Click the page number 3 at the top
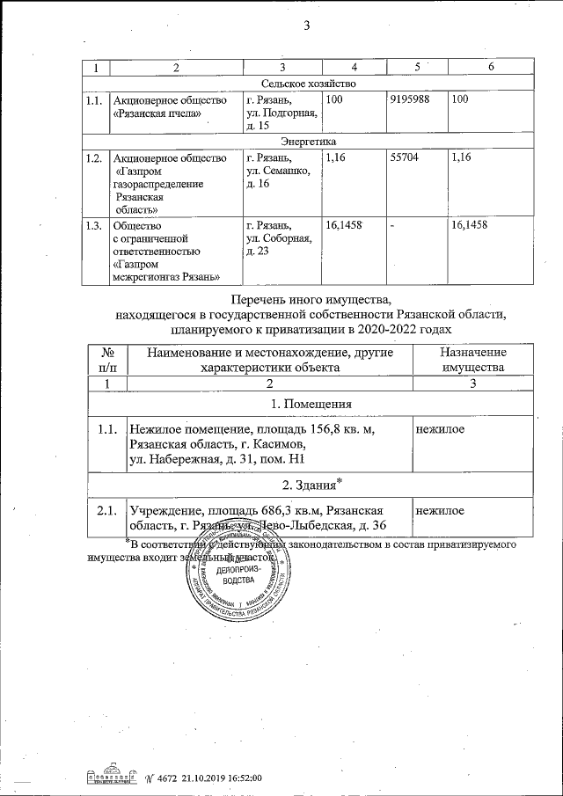point(307,26)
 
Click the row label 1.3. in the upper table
point(93,226)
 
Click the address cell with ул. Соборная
point(281,239)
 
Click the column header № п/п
point(107,359)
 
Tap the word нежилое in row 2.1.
point(441,511)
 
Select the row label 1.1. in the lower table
point(107,429)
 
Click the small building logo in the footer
point(109,777)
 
